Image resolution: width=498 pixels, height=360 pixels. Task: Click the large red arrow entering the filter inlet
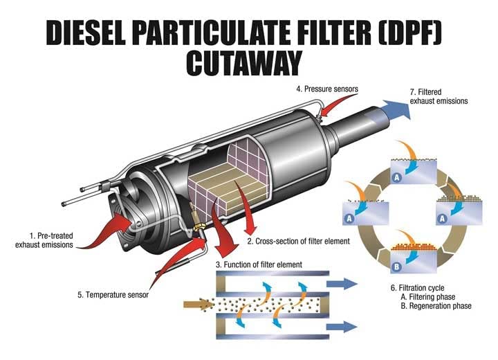pos(113,226)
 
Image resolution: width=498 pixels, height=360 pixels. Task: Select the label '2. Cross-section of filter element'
pos(298,241)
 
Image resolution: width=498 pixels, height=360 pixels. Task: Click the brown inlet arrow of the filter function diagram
pos(197,303)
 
